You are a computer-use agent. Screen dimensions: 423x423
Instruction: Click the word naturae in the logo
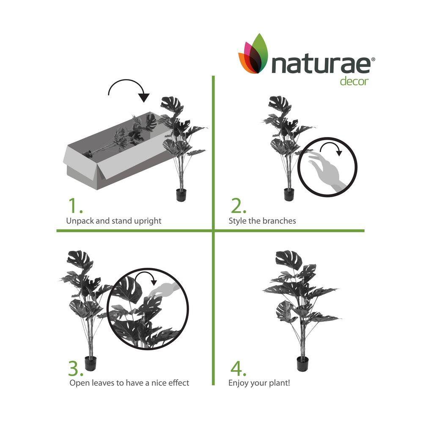pos(321,65)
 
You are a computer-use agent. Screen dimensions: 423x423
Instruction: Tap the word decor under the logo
pos(354,81)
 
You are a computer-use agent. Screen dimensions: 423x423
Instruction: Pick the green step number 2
pos(238,206)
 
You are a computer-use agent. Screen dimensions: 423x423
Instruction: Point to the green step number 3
pos(76,368)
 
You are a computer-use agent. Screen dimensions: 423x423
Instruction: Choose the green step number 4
pos(238,368)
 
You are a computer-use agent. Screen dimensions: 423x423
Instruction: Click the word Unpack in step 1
pos(80,221)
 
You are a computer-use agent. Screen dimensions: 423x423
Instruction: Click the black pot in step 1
pos(181,195)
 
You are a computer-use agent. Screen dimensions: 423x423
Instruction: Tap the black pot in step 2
pos(288,194)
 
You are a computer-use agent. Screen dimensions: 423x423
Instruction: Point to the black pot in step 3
pos(91,363)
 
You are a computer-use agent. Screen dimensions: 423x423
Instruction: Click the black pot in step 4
pos(303,364)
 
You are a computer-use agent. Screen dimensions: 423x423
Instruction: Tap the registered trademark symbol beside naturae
pos(373,59)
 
